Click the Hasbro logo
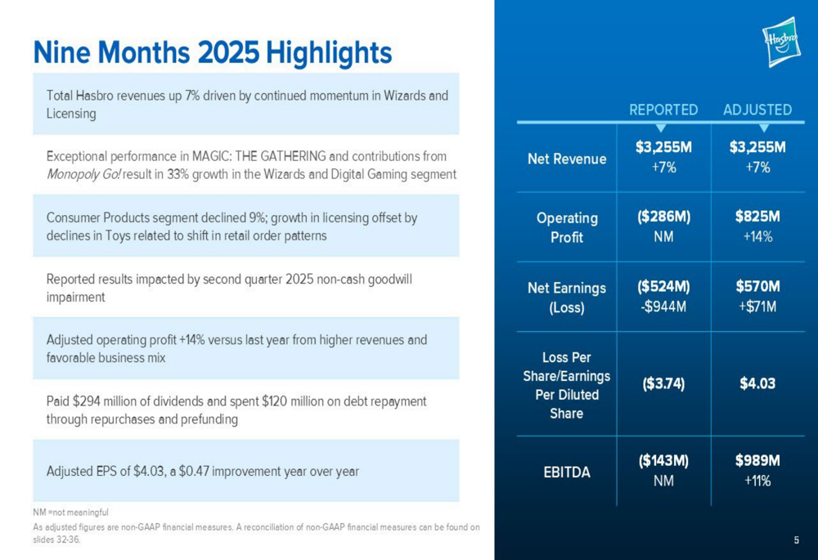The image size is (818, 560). pos(781,42)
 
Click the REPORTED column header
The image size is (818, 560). pos(663,110)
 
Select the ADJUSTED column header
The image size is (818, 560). pos(757,110)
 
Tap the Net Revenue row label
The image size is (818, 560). pos(567,159)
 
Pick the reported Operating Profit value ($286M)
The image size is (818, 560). pos(663,217)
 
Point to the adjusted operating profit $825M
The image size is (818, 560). pos(757,217)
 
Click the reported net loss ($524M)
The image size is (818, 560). pos(663,286)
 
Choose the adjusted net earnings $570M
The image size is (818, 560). pos(757,286)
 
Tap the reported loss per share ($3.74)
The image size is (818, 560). pos(663,383)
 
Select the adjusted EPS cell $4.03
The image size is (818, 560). pos(757,383)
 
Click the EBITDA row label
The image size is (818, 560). pos(567,473)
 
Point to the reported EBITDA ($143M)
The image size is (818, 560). pos(663,460)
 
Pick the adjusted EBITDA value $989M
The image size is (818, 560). pos(757,460)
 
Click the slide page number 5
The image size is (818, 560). pos(796,540)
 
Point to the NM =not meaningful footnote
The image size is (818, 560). pos(70,513)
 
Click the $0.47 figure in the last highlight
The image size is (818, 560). pos(194,472)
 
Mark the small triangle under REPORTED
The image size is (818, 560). pos(660,128)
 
